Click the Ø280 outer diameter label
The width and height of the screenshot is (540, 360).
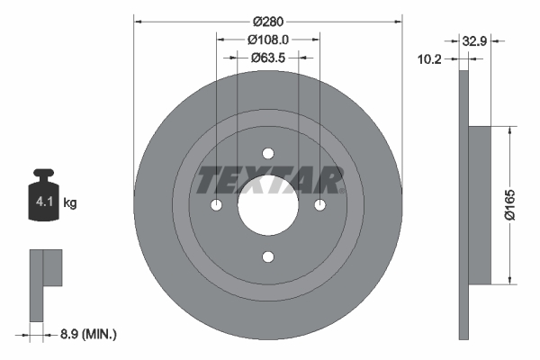click(267, 20)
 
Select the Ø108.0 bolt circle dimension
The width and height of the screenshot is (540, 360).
click(267, 40)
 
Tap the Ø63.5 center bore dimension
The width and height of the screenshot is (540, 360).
click(267, 58)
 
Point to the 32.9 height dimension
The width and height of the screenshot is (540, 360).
click(474, 40)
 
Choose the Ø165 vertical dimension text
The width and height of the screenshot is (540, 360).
click(509, 204)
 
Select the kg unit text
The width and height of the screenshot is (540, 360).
click(70, 203)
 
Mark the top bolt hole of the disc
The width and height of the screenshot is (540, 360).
click(267, 153)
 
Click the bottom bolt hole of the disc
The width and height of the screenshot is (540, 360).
click(267, 257)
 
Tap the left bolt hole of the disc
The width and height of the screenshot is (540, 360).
click(215, 205)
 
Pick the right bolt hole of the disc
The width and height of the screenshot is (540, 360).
click(319, 205)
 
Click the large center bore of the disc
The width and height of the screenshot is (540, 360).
click(267, 205)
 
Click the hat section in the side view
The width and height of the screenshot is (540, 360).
click(481, 204)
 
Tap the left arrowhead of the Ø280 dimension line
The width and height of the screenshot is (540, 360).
click(139, 20)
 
